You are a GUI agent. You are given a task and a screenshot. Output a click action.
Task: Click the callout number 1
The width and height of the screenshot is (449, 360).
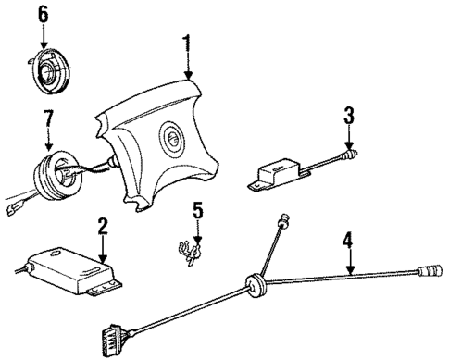[188, 44]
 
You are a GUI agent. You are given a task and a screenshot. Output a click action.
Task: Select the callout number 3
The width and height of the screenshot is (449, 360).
[348, 116]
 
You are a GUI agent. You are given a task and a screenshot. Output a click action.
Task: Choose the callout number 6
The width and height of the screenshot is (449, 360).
[44, 14]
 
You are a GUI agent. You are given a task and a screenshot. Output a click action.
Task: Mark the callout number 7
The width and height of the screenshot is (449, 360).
[47, 118]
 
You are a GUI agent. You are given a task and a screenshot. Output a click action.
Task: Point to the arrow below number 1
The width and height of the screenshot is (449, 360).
[188, 65]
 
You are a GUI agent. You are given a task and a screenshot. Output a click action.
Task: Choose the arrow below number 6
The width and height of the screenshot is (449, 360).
[44, 34]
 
